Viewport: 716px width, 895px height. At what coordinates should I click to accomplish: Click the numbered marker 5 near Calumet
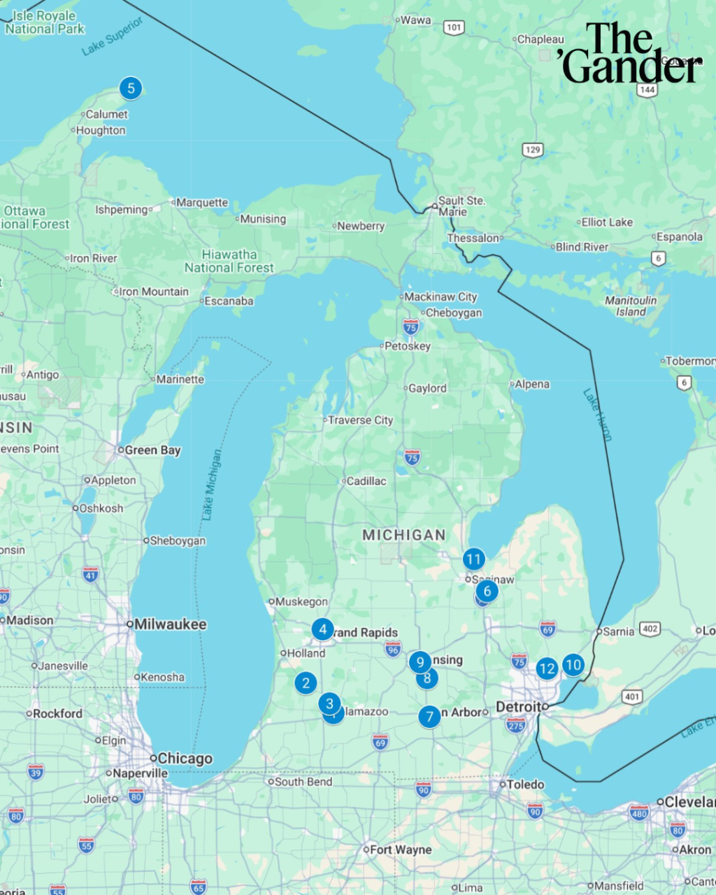(131, 88)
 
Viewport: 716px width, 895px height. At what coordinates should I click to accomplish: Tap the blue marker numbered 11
(474, 559)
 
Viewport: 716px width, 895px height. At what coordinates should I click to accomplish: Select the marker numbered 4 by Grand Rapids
(322, 629)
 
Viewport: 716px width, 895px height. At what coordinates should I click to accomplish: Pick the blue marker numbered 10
(573, 665)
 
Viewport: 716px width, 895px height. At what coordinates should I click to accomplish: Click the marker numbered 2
(306, 682)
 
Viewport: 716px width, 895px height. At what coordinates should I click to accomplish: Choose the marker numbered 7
(429, 717)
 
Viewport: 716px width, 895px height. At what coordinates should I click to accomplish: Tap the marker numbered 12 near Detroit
(547, 669)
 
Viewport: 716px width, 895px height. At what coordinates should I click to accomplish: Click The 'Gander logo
(630, 53)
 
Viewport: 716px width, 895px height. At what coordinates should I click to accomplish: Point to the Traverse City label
(360, 420)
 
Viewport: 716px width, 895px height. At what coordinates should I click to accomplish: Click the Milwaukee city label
(170, 624)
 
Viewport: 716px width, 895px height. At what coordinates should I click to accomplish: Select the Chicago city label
(185, 759)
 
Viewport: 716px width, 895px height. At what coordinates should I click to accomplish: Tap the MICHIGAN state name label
(403, 535)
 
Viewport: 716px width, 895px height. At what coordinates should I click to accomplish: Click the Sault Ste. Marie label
(461, 206)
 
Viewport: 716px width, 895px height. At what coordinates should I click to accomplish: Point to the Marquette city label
(201, 203)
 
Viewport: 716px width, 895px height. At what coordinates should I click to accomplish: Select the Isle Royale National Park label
(45, 22)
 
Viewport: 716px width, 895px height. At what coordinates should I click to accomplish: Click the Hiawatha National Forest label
(229, 261)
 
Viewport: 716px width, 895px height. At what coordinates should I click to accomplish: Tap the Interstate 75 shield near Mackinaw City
(411, 327)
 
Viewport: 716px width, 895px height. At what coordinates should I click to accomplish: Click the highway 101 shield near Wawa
(454, 28)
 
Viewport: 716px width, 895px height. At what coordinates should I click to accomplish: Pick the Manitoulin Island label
(631, 306)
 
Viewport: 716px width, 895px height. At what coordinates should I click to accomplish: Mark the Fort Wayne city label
(400, 850)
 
